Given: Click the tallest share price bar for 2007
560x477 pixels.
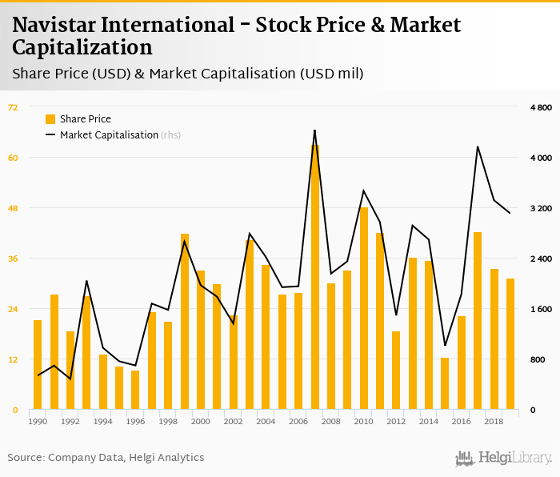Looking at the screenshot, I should click(315, 277).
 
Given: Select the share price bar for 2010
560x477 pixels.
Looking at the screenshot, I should click(364, 308).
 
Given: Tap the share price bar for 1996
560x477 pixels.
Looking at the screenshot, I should click(135, 390).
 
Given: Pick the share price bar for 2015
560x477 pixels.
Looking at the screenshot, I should click(445, 383).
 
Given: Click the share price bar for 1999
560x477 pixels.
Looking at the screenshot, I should click(185, 321).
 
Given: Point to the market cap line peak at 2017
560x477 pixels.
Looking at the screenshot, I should click(478, 146).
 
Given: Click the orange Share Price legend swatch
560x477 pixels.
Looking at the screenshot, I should click(50, 119).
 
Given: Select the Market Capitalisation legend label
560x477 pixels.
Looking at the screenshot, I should click(109, 135).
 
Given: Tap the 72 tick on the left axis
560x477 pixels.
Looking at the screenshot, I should click(13, 107).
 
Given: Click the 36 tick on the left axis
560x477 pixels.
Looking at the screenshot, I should click(13, 259).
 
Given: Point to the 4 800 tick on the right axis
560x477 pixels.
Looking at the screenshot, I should click(541, 107).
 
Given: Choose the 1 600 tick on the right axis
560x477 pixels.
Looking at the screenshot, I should click(541, 309).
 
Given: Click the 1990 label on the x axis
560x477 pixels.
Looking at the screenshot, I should click(38, 421).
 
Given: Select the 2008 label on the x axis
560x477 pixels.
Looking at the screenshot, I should click(331, 421).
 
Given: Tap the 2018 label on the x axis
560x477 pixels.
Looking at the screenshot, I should click(494, 421).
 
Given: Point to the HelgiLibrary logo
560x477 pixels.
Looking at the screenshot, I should click(504, 458).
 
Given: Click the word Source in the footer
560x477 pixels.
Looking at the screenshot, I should click(26, 458).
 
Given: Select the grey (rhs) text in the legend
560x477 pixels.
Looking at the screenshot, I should click(171, 135).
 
